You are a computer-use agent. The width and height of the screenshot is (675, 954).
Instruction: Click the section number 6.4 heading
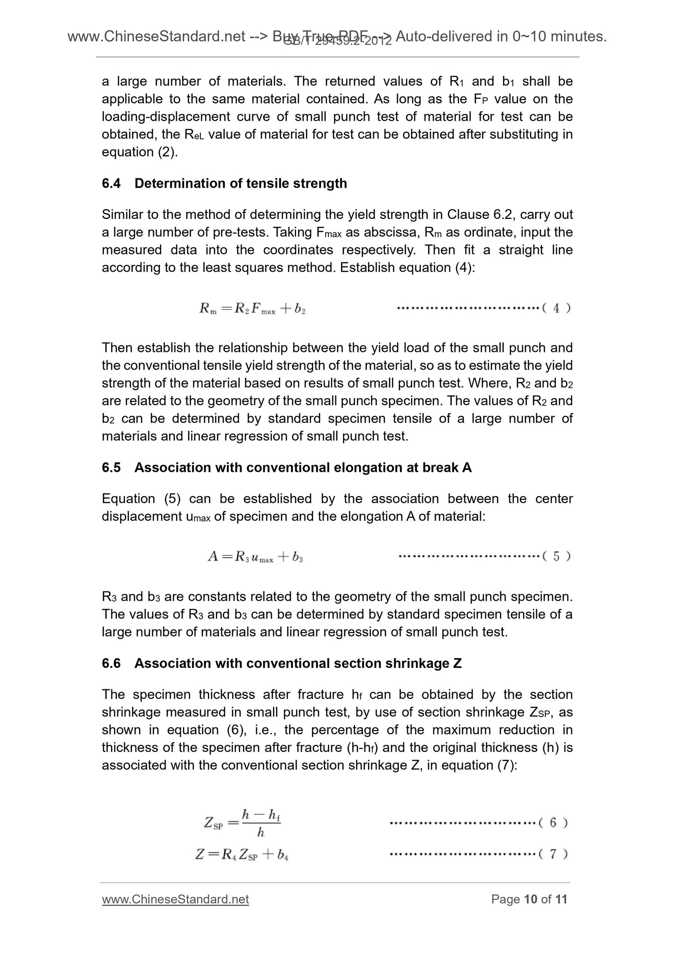pyautogui.click(x=111, y=183)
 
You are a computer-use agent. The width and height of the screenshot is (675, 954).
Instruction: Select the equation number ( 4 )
pyautogui.click(x=556, y=308)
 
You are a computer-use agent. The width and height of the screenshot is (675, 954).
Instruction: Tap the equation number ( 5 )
pyautogui.click(x=556, y=556)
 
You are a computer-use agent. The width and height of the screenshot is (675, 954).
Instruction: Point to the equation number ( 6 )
pyautogui.click(x=553, y=823)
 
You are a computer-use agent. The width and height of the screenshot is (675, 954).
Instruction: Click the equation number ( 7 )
pyautogui.click(x=553, y=855)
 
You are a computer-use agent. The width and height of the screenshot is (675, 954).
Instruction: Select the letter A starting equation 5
pyautogui.click(x=213, y=556)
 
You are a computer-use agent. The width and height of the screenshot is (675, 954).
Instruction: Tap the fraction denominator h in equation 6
pyautogui.click(x=261, y=833)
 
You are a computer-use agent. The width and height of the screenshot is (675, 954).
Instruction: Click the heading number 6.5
pyautogui.click(x=111, y=468)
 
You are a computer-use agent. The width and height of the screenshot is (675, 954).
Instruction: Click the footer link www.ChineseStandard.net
pyautogui.click(x=175, y=899)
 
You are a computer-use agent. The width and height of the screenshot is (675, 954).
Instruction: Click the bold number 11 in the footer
pyautogui.click(x=560, y=899)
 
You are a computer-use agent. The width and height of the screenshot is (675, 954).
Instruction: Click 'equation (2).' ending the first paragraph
pyautogui.click(x=140, y=152)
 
